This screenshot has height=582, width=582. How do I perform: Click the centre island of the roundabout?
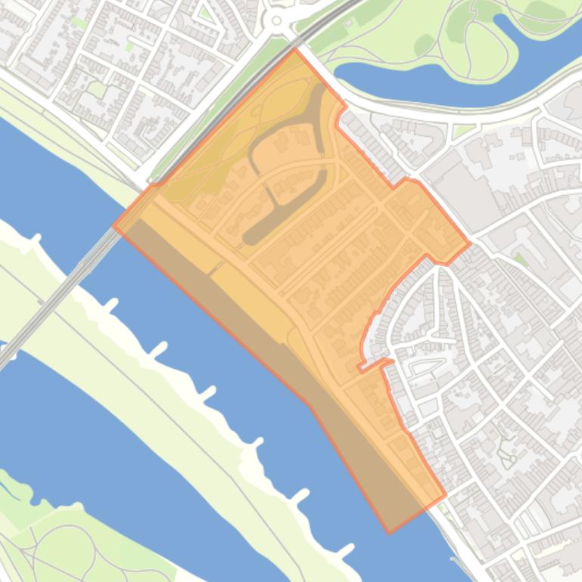coord(276,21)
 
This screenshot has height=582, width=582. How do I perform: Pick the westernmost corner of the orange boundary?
coord(114,225)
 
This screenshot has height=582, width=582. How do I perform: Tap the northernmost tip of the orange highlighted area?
coord(295,49)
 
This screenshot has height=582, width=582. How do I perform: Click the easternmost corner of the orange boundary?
coord(470,243)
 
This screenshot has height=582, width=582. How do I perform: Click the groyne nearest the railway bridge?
coord(110,306)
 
